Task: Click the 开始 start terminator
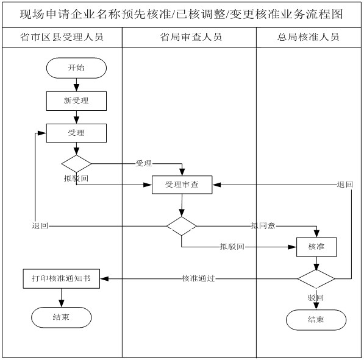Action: tap(76, 68)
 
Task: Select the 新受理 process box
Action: tap(76, 100)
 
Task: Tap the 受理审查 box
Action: tap(182, 185)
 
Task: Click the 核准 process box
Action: tap(316, 247)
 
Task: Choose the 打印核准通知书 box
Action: tap(61, 278)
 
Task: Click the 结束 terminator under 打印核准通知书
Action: tap(61, 317)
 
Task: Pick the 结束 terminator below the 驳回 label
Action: tap(316, 320)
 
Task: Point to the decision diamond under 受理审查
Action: tap(182, 226)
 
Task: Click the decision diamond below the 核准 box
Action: tap(316, 278)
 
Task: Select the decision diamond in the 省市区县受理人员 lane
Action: tap(76, 163)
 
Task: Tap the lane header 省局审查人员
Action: tap(190, 37)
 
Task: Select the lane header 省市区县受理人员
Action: tap(62, 37)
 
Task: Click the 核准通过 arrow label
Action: tap(198, 278)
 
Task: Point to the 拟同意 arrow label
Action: tap(263, 226)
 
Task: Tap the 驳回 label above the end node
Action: tap(315, 297)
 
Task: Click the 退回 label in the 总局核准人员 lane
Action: tap(344, 185)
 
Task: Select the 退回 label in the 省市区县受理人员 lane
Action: tap(40, 226)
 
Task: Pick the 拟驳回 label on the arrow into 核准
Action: tap(232, 247)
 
